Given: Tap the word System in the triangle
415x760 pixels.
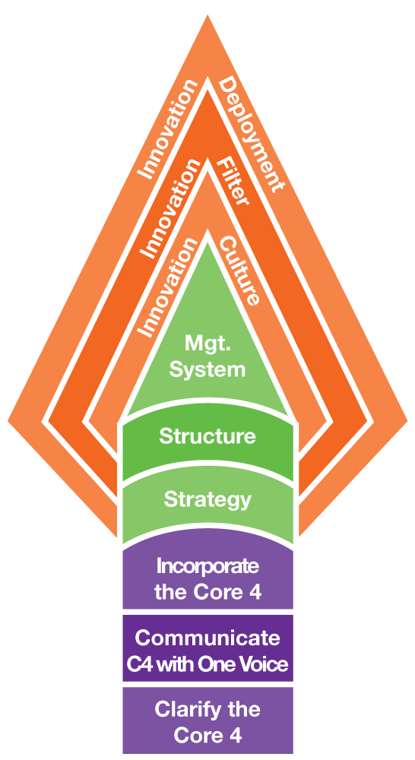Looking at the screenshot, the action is pyautogui.click(x=207, y=370).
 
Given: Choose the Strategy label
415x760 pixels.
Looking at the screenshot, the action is pyautogui.click(x=207, y=499).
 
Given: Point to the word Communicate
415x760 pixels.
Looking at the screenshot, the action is pyautogui.click(x=207, y=638).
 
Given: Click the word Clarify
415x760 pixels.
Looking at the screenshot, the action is pyautogui.click(x=182, y=711).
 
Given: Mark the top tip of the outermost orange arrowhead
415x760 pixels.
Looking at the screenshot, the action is pyautogui.click(x=207, y=14).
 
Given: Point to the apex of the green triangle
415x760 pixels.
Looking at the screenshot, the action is pyautogui.click(x=207, y=241).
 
